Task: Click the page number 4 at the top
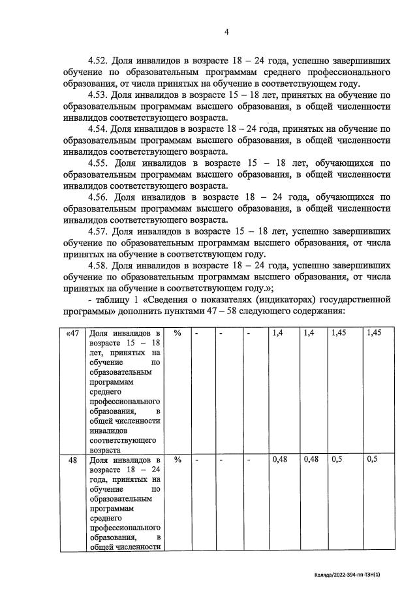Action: pos(226,31)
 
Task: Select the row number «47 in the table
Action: pos(72,333)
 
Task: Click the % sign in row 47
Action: pos(178,333)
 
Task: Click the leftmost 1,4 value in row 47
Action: pos(277,333)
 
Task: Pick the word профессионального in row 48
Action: pos(125,527)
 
